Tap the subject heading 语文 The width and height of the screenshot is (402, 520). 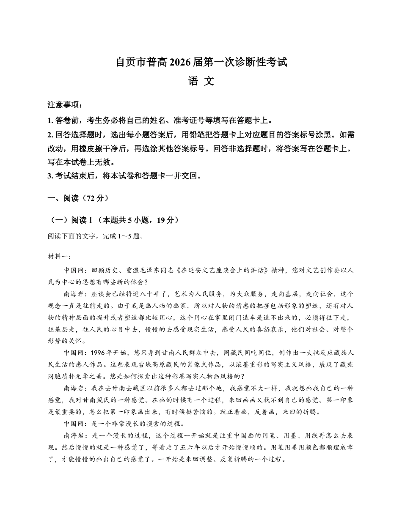[x=201, y=81]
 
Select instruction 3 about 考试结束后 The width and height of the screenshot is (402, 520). [x=125, y=176]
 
